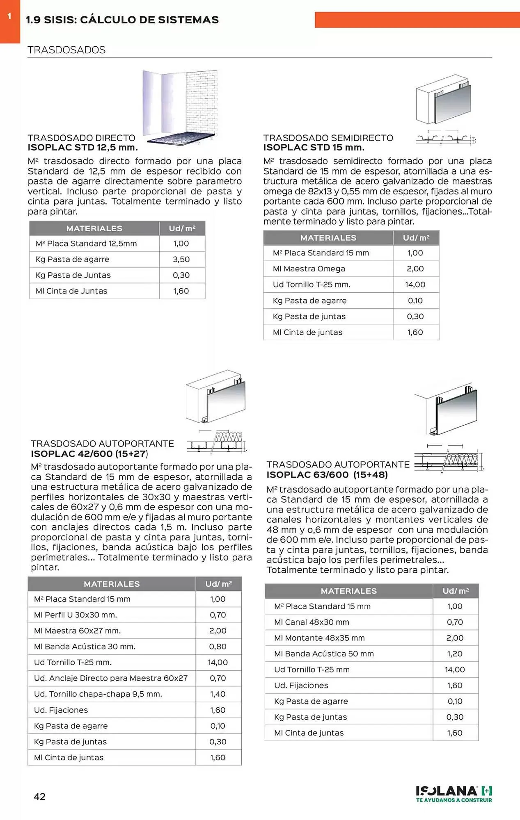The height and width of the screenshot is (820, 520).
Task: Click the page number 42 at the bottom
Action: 39,797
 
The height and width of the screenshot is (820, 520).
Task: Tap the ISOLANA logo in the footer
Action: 454,794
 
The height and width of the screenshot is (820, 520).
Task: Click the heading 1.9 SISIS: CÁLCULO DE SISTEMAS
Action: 122,20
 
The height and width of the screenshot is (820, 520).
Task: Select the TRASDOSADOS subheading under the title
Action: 66,50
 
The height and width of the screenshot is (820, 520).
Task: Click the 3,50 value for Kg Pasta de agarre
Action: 181,259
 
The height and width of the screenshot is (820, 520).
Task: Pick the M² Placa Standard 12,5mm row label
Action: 86,244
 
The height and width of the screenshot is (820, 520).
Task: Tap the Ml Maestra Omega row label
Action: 309,269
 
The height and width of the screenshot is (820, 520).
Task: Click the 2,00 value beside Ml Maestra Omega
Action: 415,269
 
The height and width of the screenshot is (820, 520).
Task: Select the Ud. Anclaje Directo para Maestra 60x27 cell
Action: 111,678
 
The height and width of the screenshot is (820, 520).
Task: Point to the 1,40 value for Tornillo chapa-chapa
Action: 218,694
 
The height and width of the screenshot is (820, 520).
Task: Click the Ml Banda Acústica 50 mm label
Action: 324,654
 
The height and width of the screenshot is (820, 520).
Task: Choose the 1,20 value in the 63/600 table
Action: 455,654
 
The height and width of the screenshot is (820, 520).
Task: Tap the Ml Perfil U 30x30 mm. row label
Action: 76,615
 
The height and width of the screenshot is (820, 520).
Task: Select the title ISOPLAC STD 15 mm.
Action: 314,148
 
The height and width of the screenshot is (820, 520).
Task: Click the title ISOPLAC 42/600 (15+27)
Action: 89,454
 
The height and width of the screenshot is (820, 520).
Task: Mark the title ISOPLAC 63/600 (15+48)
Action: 327,475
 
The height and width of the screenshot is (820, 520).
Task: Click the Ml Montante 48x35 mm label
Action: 319,638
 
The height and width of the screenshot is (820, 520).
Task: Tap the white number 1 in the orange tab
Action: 9,16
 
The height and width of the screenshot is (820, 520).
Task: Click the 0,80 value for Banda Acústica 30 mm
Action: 218,647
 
